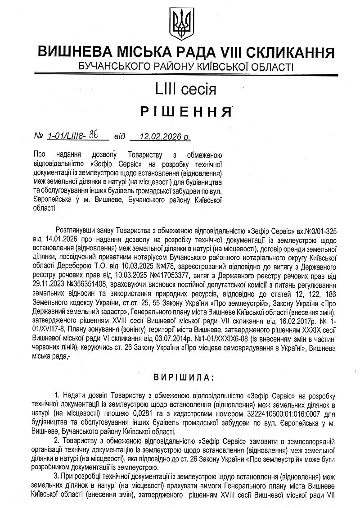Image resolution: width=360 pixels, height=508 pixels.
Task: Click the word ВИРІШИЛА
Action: (x=180, y=376)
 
